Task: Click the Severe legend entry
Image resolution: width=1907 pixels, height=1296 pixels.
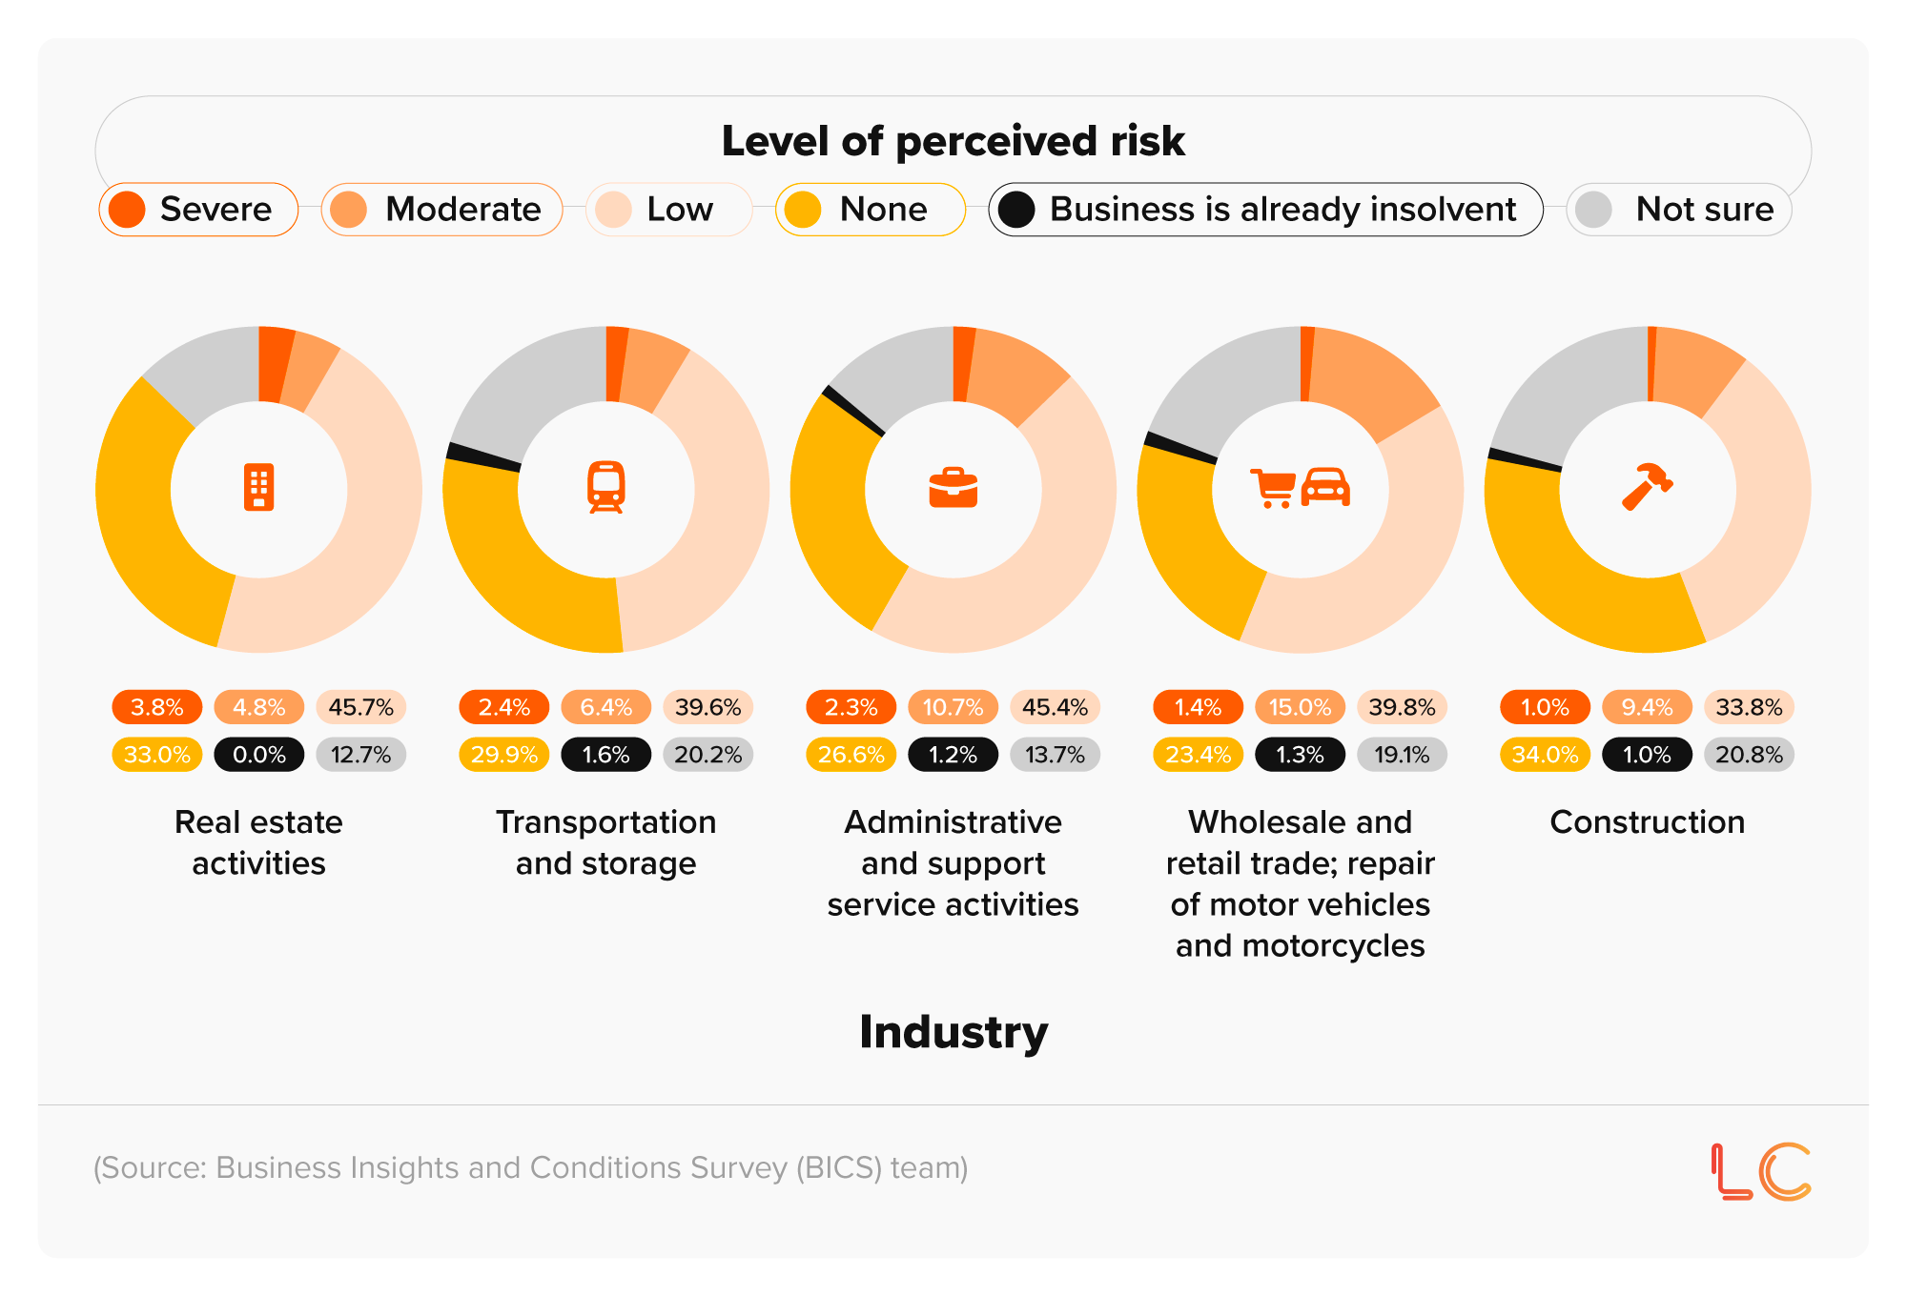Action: (198, 210)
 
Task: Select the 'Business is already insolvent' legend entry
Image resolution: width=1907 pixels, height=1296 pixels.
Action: (1265, 210)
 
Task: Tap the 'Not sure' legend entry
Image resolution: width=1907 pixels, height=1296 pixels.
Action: (1679, 210)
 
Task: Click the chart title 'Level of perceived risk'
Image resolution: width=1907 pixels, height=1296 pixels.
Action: (953, 141)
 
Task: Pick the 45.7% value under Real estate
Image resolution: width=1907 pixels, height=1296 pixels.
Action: (360, 707)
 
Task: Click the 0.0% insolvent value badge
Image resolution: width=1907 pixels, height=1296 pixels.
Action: (258, 755)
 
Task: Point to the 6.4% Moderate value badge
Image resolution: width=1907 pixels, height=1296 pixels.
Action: (605, 707)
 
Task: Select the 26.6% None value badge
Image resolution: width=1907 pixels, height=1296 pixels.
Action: (851, 755)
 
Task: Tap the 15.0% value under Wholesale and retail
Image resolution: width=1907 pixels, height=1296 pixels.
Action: (1300, 707)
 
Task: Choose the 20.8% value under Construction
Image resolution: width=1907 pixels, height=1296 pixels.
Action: (1749, 755)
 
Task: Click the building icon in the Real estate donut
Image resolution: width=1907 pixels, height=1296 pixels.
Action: (258, 488)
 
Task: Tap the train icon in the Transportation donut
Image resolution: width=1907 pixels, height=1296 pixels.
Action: (605, 488)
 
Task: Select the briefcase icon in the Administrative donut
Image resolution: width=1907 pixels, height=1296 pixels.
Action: (953, 488)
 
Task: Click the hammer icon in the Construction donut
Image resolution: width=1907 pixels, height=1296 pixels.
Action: (1647, 487)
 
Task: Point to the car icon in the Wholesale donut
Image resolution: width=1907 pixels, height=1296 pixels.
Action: (1325, 487)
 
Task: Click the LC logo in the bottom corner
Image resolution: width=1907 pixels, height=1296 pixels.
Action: (1760, 1170)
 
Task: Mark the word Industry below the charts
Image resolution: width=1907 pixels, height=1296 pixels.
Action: (953, 1032)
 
